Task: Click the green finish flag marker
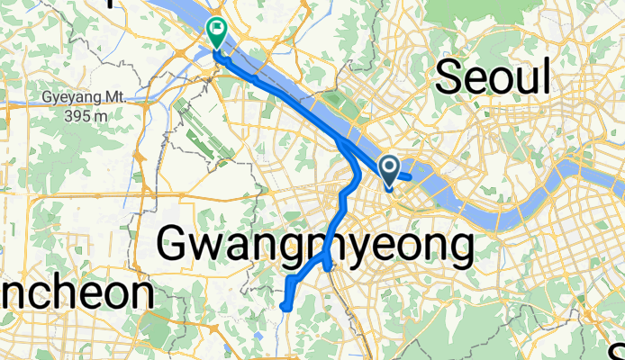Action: (x=217, y=31)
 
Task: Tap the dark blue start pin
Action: (x=390, y=168)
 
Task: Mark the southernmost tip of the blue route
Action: (x=285, y=308)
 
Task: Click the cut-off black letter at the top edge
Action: (x=111, y=3)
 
